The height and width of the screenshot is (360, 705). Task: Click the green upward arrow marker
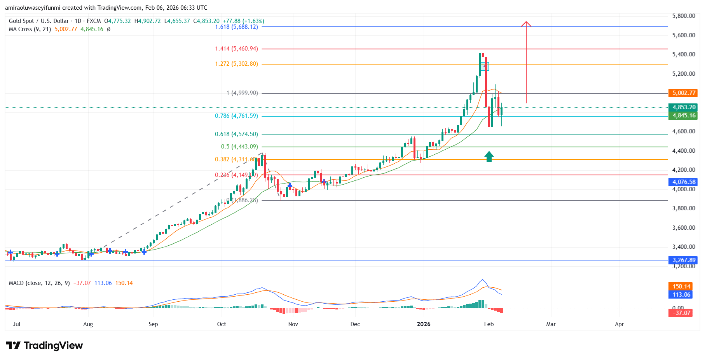tap(489, 157)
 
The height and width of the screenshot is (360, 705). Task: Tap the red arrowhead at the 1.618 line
tap(526, 24)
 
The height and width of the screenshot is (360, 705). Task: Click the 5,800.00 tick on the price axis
tap(683, 16)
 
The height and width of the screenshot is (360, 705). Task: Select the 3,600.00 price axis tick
tap(683, 228)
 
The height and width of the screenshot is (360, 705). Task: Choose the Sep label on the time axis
tap(153, 324)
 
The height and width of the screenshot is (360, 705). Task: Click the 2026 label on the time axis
tap(424, 324)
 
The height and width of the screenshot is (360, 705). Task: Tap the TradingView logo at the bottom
tap(44, 346)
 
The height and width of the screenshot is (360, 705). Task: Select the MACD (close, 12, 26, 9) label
tap(39, 283)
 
